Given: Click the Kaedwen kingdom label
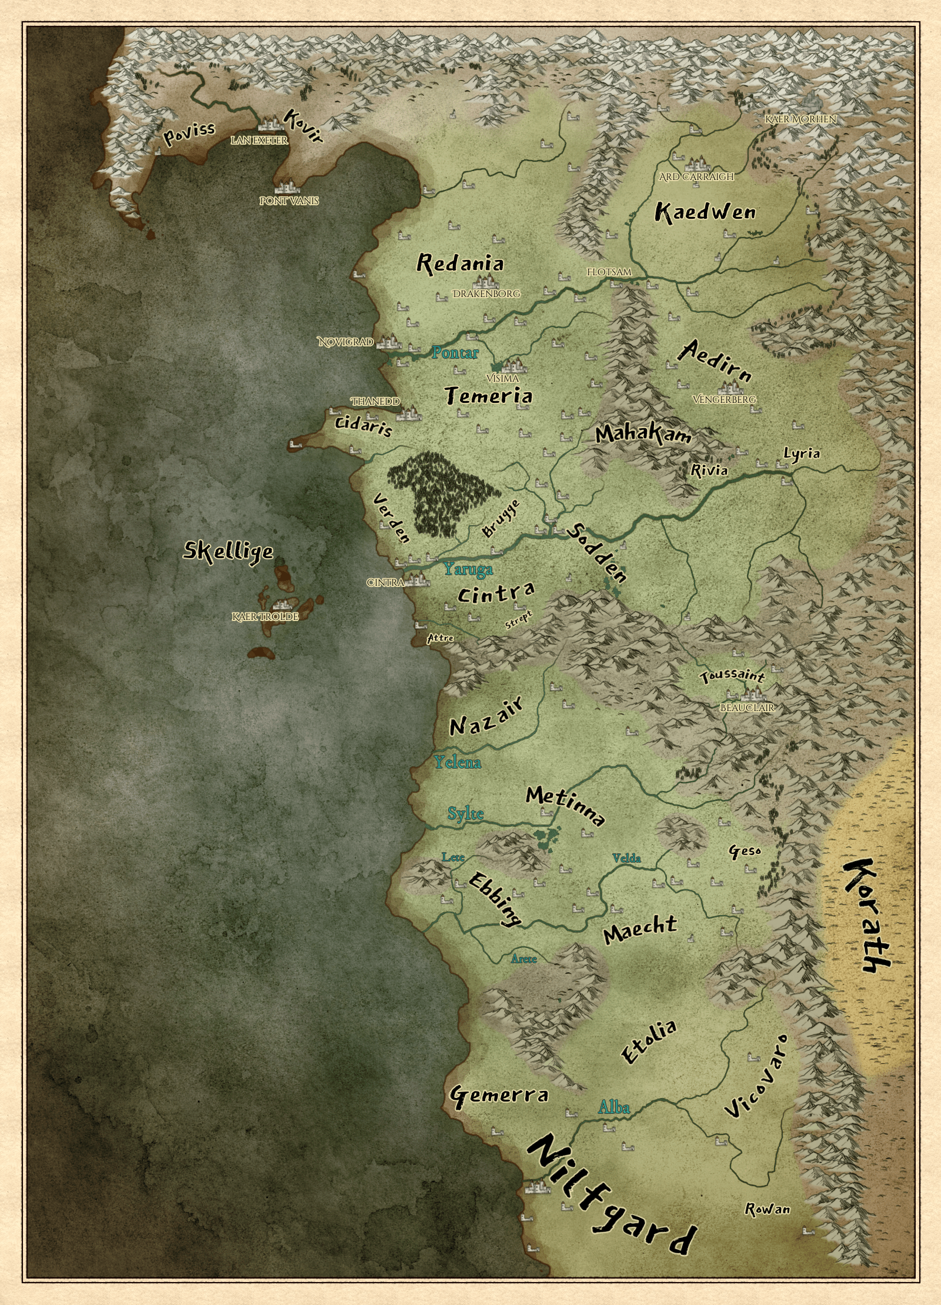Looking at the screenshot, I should tap(705, 212).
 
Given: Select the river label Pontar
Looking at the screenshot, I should tap(455, 353).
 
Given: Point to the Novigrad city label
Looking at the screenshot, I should tap(346, 342).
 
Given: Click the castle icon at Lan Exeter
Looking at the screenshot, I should tap(272, 124).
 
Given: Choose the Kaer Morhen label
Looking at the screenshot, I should tap(800, 119).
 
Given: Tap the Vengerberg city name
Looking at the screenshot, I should tap(724, 399).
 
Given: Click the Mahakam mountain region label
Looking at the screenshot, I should tap(643, 434).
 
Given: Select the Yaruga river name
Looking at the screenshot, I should tap(468, 569).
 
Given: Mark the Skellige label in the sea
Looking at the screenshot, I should tap(228, 551).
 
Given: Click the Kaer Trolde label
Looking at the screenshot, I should tap(265, 616).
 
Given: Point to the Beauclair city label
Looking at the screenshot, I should tap(747, 708).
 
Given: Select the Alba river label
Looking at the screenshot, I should tap(613, 1108).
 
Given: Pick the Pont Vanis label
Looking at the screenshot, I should tap(289, 201).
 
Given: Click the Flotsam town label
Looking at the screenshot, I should tap(609, 272).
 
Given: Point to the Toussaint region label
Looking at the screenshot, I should tap(732, 676).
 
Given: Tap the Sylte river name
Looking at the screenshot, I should tap(465, 813).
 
